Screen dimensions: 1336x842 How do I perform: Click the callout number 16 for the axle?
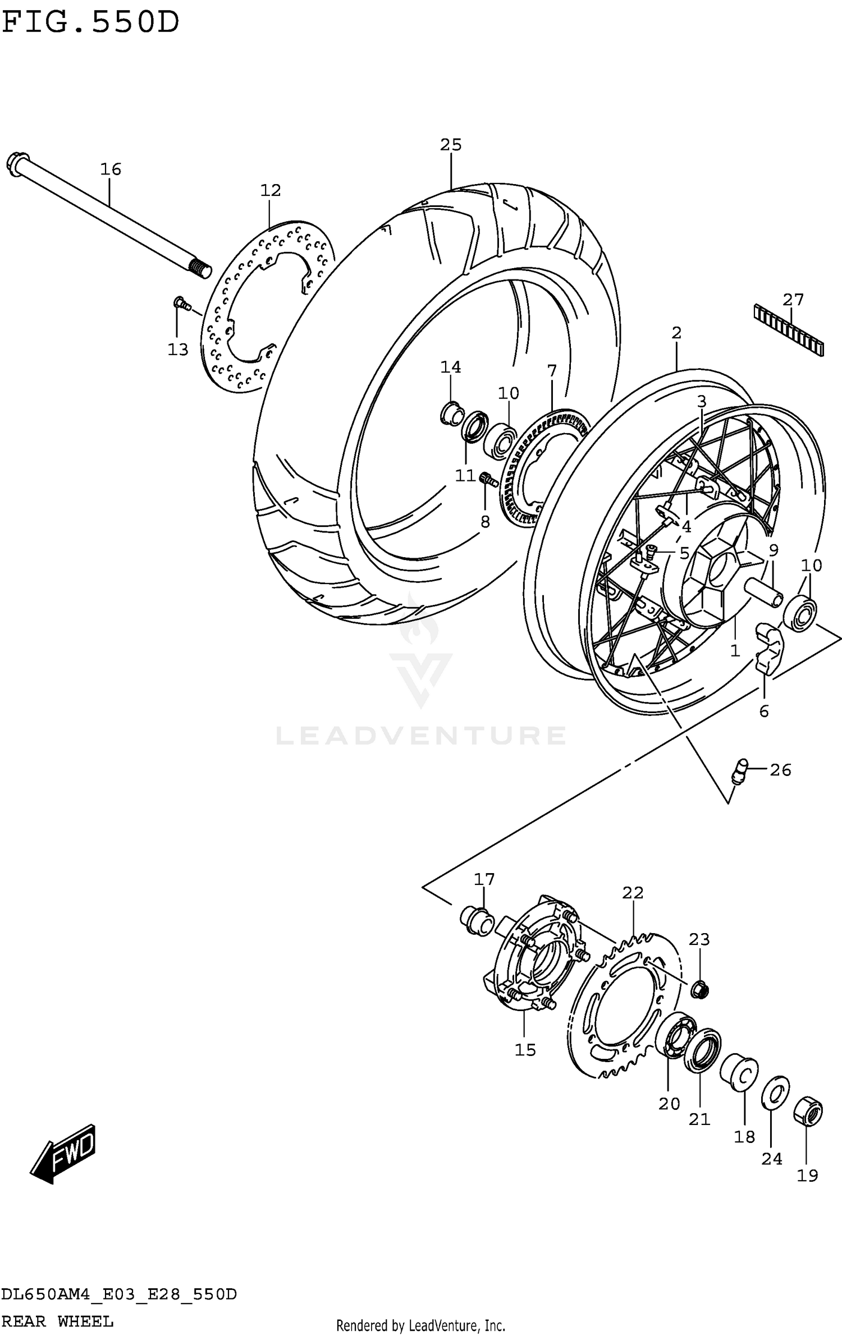point(111,169)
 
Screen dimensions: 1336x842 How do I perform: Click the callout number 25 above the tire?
point(451,145)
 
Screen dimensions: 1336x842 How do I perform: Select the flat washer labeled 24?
point(775,1093)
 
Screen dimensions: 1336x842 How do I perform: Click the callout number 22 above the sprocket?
point(633,892)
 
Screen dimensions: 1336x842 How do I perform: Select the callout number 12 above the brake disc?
point(270,190)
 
